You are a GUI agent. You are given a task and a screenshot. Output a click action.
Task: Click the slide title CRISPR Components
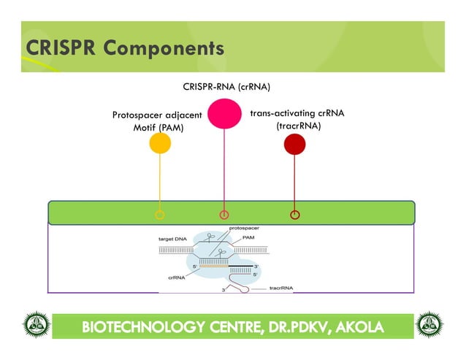click(124, 48)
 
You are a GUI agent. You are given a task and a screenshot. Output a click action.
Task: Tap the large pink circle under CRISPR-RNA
click(224, 113)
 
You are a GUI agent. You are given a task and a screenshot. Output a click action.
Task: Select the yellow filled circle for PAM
click(160, 143)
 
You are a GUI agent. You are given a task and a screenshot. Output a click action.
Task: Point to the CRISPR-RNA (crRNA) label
click(226, 87)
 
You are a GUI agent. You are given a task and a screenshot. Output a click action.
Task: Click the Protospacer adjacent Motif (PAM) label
click(157, 121)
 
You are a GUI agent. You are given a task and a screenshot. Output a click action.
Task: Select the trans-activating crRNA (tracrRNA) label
click(297, 120)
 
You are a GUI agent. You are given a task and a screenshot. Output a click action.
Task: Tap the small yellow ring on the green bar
click(160, 215)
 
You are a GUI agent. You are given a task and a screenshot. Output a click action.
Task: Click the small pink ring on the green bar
click(224, 215)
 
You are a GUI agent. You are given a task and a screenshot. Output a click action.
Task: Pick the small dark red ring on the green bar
click(294, 215)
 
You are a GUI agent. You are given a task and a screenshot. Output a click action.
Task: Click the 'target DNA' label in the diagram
click(173, 239)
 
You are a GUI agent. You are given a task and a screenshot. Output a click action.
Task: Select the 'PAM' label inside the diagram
click(248, 238)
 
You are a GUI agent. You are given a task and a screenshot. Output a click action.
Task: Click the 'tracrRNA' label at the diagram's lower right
click(281, 288)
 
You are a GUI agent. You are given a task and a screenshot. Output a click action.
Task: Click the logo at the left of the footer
click(35, 326)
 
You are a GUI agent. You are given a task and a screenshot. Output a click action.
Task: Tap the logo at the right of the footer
click(429, 326)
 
